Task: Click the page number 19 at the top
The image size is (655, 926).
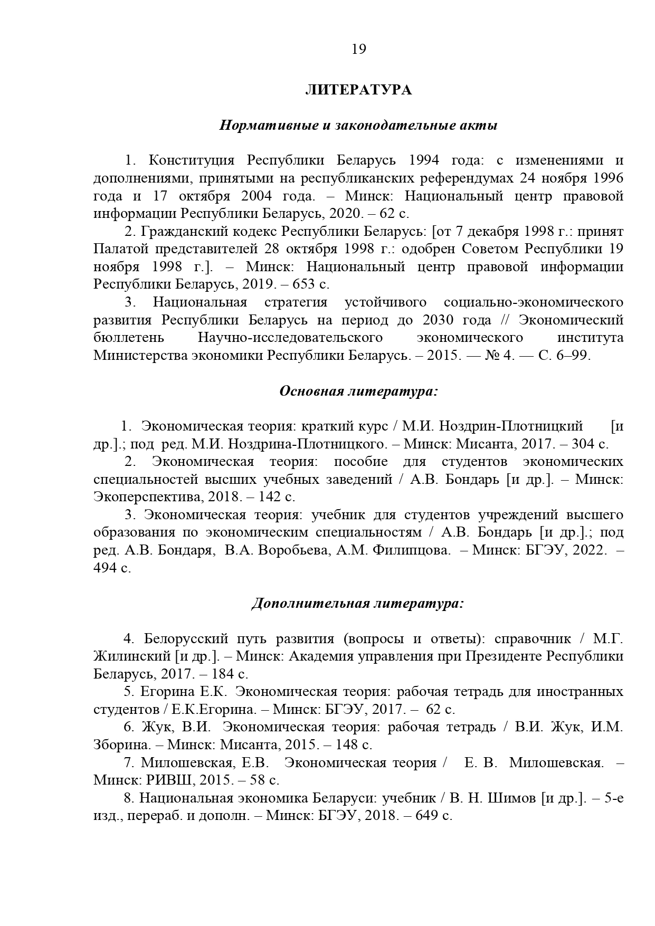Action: point(358,49)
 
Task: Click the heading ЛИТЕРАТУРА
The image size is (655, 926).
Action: point(358,90)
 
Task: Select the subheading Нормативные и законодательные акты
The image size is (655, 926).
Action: point(358,126)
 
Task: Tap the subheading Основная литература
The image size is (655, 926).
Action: point(358,391)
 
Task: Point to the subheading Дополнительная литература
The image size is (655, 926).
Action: point(357,603)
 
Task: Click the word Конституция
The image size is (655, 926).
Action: point(187,160)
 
